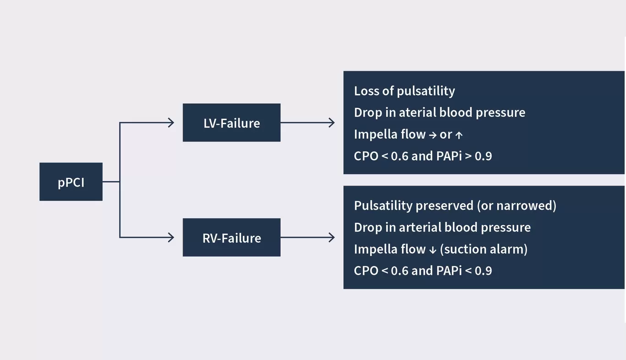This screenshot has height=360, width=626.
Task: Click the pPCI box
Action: click(x=71, y=182)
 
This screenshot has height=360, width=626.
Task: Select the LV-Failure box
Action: click(x=231, y=123)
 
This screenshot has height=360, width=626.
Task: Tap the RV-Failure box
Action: click(x=231, y=238)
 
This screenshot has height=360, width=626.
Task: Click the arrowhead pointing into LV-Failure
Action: click(x=171, y=122)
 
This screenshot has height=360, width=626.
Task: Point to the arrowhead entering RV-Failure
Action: click(x=171, y=237)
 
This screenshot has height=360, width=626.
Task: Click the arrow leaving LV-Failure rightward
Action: click(x=307, y=122)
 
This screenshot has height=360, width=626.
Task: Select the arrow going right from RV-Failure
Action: click(x=307, y=237)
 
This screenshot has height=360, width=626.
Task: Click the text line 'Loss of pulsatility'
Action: click(x=404, y=91)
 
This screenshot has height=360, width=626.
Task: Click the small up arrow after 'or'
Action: click(x=459, y=135)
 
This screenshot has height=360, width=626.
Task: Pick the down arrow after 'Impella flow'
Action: click(x=433, y=250)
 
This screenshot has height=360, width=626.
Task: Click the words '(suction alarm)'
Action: click(x=483, y=249)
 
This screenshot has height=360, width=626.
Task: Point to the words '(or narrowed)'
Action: click(x=516, y=205)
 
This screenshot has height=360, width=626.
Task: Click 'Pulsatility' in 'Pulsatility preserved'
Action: click(x=383, y=205)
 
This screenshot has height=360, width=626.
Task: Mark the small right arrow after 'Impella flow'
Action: click(x=433, y=135)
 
